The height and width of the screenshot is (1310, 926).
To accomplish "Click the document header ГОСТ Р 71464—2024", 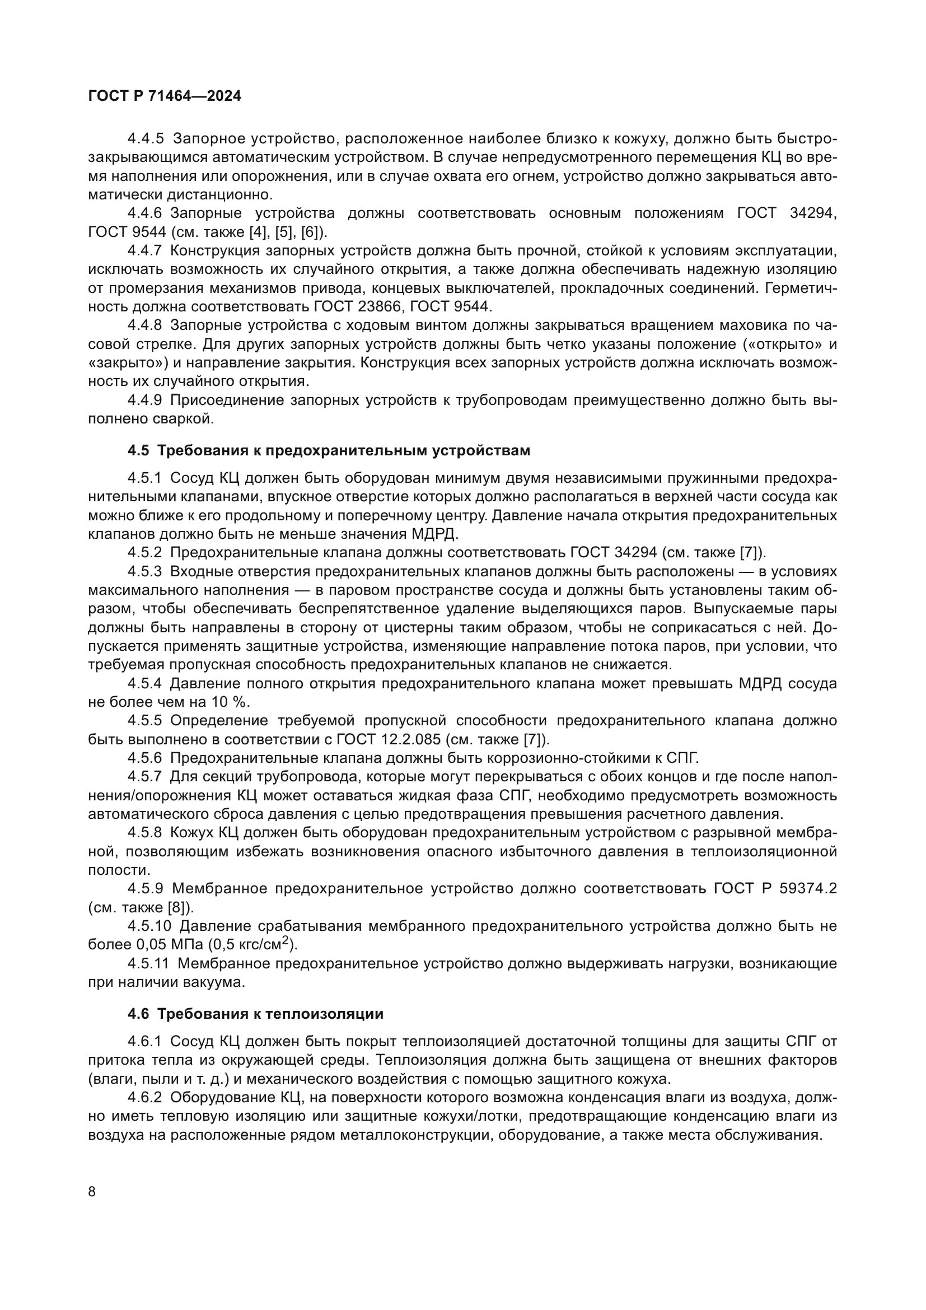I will [165, 96].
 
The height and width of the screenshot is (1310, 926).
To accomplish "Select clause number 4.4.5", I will [146, 139].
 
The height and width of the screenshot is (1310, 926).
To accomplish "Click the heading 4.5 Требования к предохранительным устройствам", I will [329, 451].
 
